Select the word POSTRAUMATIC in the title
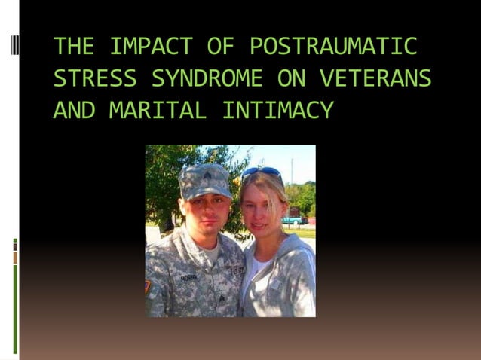(333, 47)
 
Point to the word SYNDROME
(207, 78)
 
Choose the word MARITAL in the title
(157, 111)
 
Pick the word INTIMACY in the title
(277, 111)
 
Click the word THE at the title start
(72, 47)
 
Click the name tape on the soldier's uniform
(188, 278)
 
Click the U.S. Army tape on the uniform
(235, 270)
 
